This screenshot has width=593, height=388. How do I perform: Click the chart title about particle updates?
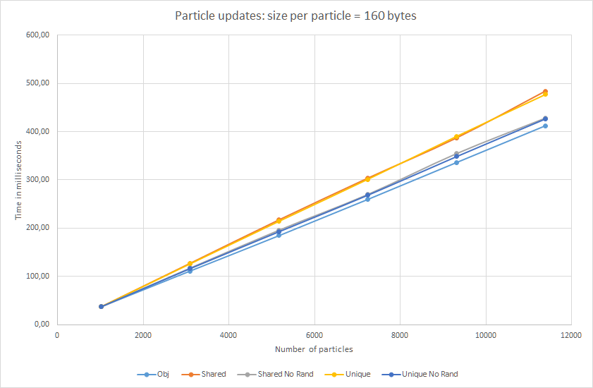[295, 16]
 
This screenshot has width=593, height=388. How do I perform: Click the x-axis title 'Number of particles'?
[313, 348]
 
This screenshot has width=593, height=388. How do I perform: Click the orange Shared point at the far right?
[545, 92]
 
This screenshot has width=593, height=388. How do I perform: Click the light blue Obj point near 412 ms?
[545, 126]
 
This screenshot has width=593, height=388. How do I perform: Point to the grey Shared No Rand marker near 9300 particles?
[456, 154]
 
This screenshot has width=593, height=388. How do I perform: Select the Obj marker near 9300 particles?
[456, 162]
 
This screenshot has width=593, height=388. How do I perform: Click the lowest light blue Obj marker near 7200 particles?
[367, 199]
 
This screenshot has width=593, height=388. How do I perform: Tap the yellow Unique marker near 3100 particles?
[190, 264]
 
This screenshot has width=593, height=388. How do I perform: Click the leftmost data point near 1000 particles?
[101, 306]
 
